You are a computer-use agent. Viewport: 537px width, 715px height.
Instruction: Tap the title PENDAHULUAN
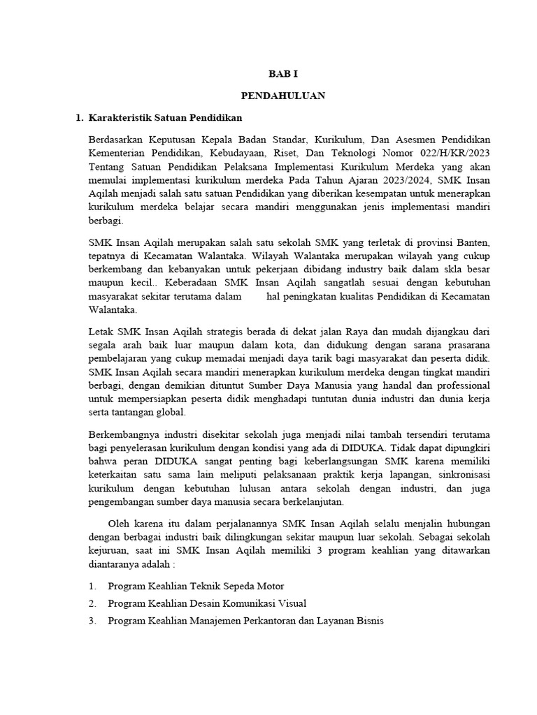[283, 96]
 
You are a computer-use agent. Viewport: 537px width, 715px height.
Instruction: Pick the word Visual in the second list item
[292, 603]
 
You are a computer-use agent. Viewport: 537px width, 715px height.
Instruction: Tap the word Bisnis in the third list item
[369, 620]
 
